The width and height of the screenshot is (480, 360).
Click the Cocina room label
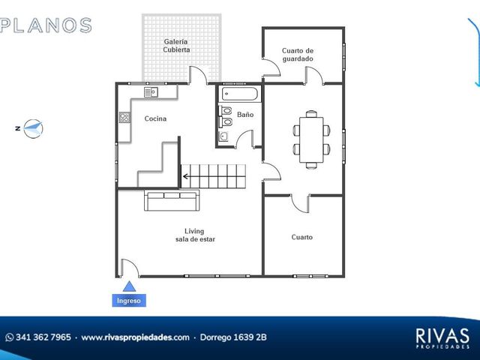[x=155, y=118]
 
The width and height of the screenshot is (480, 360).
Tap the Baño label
[x=245, y=115]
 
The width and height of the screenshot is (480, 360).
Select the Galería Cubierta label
[x=176, y=46]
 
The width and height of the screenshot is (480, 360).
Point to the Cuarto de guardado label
[x=298, y=55]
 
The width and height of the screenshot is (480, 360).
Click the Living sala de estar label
[x=195, y=235]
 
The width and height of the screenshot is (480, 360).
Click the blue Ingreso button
[x=129, y=301]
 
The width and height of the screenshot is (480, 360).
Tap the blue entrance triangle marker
[x=129, y=286]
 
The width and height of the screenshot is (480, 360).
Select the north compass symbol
[x=33, y=128]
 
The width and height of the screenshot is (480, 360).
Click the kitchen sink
[x=151, y=92]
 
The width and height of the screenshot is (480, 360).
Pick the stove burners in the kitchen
[x=124, y=118]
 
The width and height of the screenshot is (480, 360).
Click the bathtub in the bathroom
[x=240, y=94]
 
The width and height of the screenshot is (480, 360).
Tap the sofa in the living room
[x=172, y=200]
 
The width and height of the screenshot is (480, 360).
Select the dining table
[x=311, y=139]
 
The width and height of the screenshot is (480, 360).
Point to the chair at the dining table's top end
[x=311, y=113]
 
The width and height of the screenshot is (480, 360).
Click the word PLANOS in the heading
[x=46, y=25]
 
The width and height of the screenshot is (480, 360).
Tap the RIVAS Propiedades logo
[x=442, y=338]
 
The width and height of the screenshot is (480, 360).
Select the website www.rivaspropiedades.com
[x=135, y=337]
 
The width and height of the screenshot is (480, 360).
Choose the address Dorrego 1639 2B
[x=233, y=337]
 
